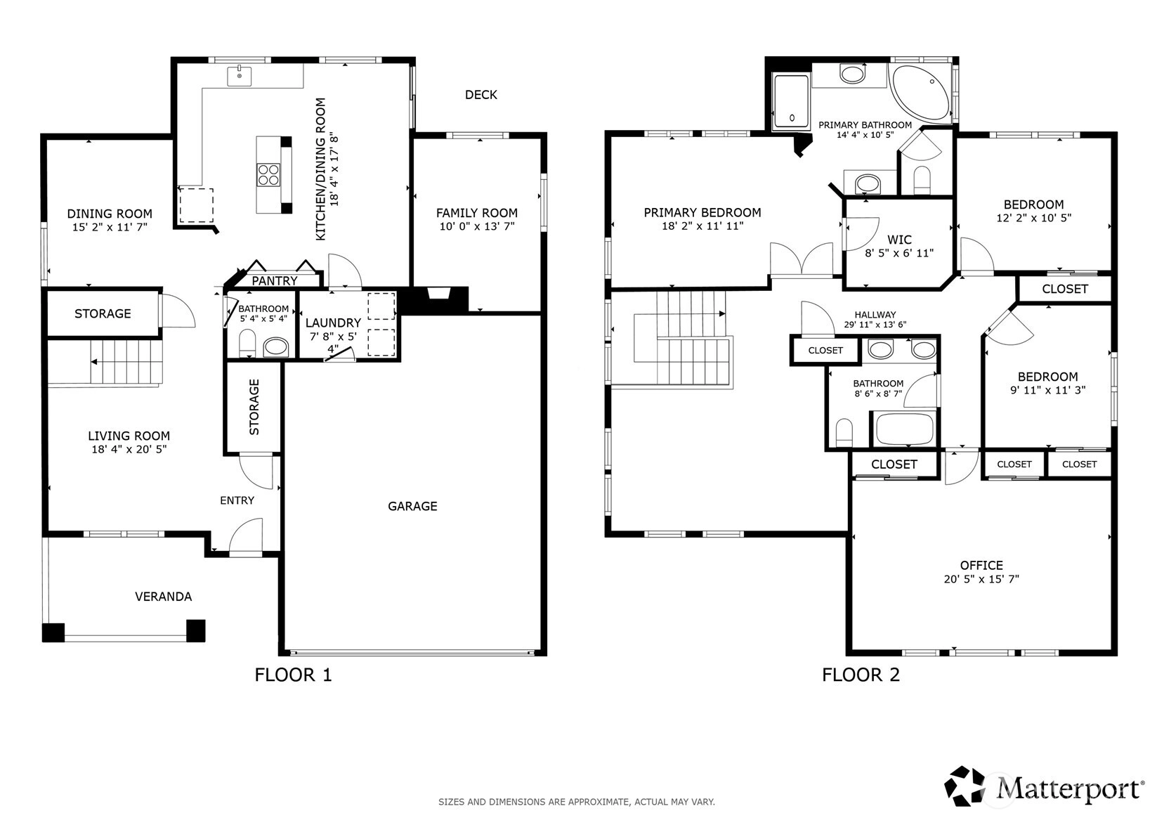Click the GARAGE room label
pyautogui.click(x=412, y=507)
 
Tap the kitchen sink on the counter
pyautogui.click(x=239, y=76)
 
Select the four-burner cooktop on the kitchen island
pyautogui.click(x=268, y=174)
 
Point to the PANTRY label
pyautogui.click(x=274, y=280)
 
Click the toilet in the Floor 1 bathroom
pyautogui.click(x=247, y=344)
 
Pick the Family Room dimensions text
pyautogui.click(x=477, y=226)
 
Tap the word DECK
pyautogui.click(x=481, y=95)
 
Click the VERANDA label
pyautogui.click(x=163, y=597)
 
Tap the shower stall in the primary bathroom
pyautogui.click(x=791, y=100)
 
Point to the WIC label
pyautogui.click(x=899, y=240)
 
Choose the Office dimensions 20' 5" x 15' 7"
pyautogui.click(x=981, y=579)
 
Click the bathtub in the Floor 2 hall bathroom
pyautogui.click(x=904, y=429)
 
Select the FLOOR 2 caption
pyautogui.click(x=861, y=675)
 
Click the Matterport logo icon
pyautogui.click(x=964, y=786)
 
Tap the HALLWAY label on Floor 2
pyautogui.click(x=875, y=315)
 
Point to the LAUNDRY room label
pyautogui.click(x=333, y=323)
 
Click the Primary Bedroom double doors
pyautogui.click(x=802, y=259)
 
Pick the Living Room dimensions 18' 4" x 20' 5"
pyautogui.click(x=129, y=450)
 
